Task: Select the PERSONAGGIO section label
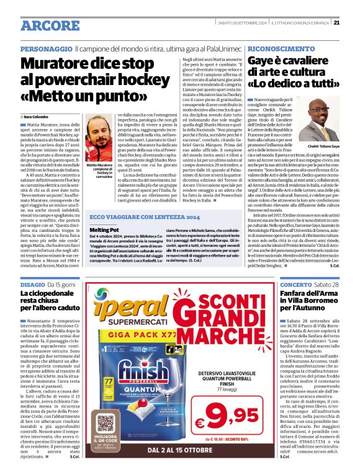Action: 47,48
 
